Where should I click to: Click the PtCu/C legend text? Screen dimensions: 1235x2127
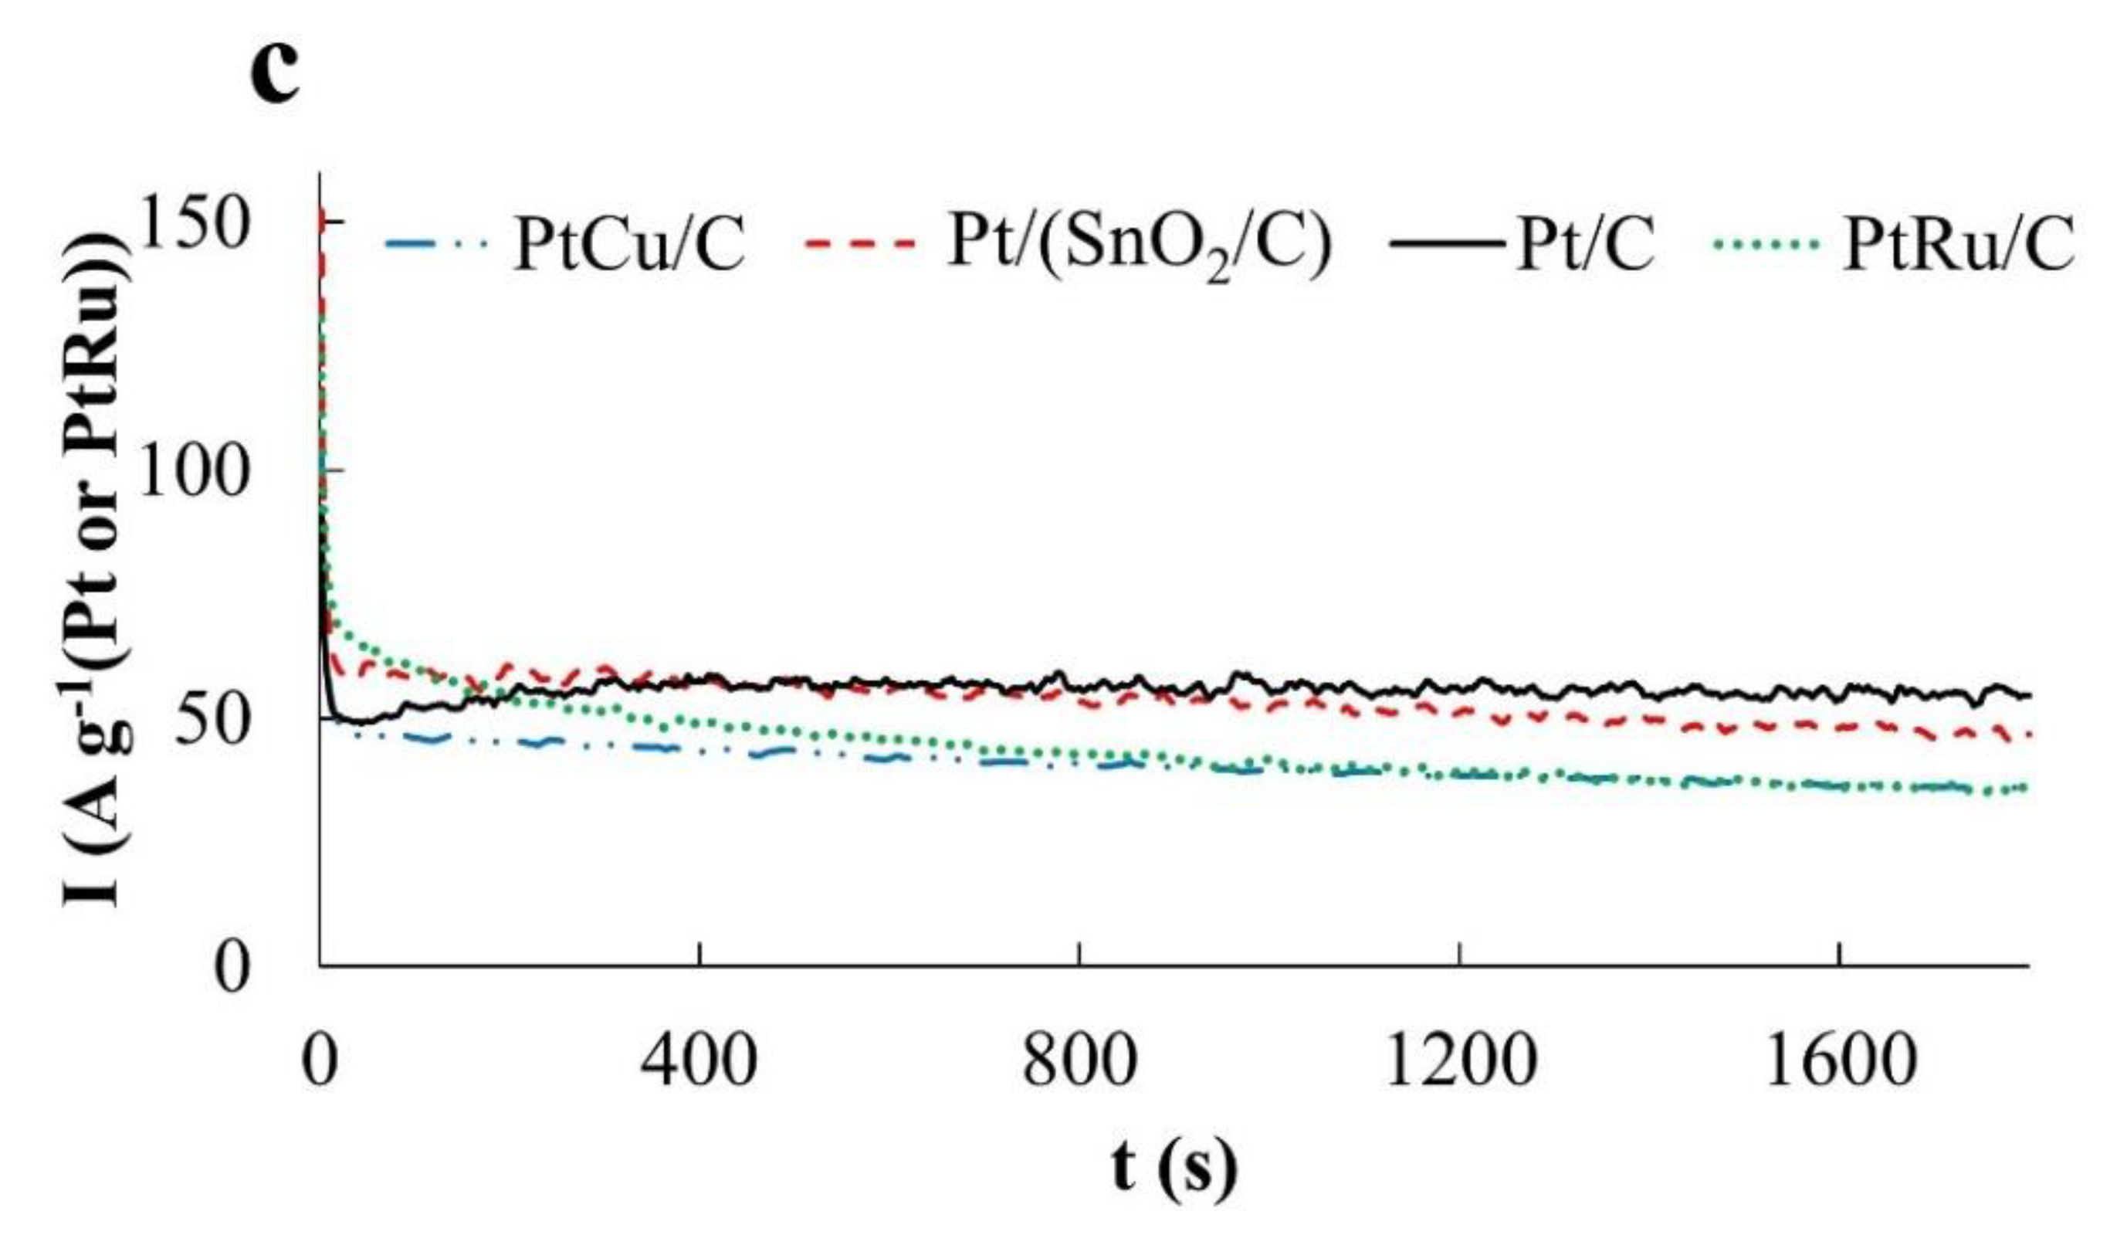pos(628,245)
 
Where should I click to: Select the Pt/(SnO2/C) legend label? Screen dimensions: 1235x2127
pos(1139,245)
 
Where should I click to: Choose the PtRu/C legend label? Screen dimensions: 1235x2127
pos(1957,245)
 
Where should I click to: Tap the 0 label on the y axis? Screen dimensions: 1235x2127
pos(232,969)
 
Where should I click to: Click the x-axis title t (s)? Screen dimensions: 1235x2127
pos(1174,1169)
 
